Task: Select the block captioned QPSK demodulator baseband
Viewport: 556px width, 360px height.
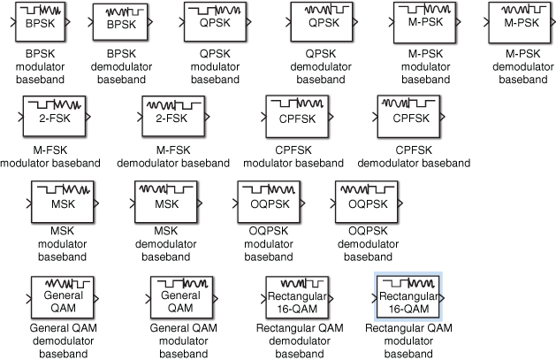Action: coord(322,23)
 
